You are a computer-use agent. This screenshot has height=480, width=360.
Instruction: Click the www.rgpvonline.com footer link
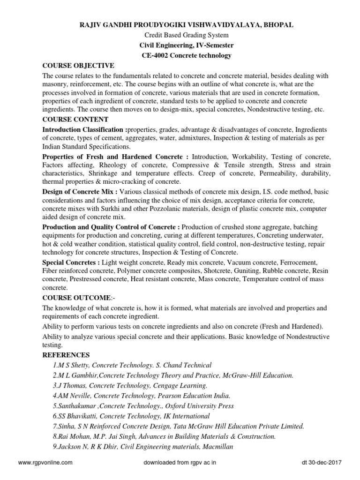point(45,462)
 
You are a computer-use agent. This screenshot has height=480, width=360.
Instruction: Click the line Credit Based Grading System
point(180,34)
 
